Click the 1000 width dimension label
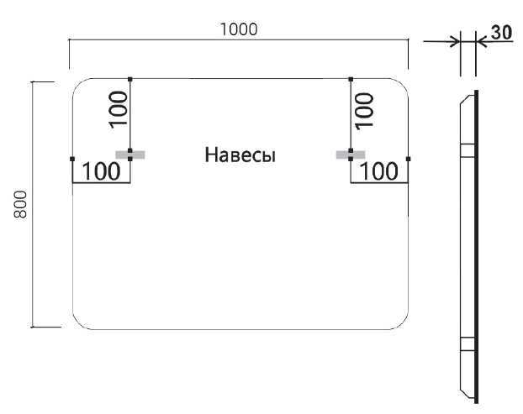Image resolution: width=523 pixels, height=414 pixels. click(x=238, y=28)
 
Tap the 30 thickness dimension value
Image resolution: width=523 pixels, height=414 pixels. click(x=501, y=33)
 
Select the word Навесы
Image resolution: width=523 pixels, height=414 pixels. click(x=240, y=155)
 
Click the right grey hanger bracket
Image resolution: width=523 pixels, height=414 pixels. click(x=345, y=155)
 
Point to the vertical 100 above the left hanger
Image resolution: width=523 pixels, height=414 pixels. click(x=119, y=107)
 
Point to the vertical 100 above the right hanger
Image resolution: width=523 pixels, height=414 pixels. click(x=364, y=107)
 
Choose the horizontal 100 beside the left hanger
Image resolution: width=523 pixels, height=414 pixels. click(x=102, y=172)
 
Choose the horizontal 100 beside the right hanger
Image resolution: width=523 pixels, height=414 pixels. click(x=379, y=172)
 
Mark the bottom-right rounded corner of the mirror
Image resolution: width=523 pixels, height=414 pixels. click(x=399, y=320)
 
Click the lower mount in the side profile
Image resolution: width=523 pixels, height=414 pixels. click(x=466, y=343)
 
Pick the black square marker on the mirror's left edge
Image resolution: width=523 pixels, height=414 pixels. click(x=73, y=158)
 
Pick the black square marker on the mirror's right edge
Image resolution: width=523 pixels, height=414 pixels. click(x=408, y=158)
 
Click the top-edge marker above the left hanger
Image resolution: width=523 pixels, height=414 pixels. click(x=130, y=79)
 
